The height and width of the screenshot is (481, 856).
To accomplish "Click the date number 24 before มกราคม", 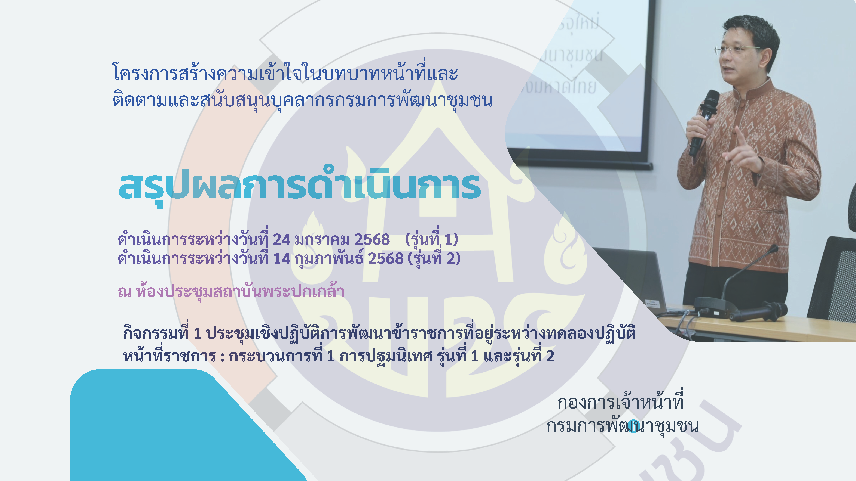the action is [x=281, y=239].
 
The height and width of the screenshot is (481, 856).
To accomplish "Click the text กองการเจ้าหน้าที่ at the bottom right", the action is [x=620, y=402].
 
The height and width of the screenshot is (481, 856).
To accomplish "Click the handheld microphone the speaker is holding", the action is [x=704, y=123].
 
